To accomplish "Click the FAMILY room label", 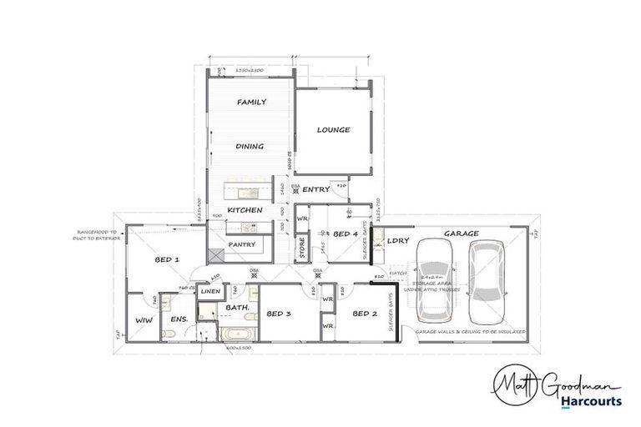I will coord(251,103).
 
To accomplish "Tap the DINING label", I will coord(250,147).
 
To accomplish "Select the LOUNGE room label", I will coord(333,130).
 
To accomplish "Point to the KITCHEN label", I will coord(245,210).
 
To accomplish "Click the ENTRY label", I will coord(316,190).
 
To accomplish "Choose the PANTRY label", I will coord(242,244).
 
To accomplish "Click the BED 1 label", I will coord(167,260).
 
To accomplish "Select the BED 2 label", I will coord(366,314).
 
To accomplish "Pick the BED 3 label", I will coord(278,314).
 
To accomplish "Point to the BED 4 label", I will coord(346,235).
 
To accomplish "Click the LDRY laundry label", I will coord(397,241).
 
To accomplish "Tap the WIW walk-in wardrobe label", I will coord(142,319).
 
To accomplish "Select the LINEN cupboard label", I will coord(210,291).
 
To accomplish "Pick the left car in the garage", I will coord(436,280).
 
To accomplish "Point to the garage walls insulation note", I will coord(471,332).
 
